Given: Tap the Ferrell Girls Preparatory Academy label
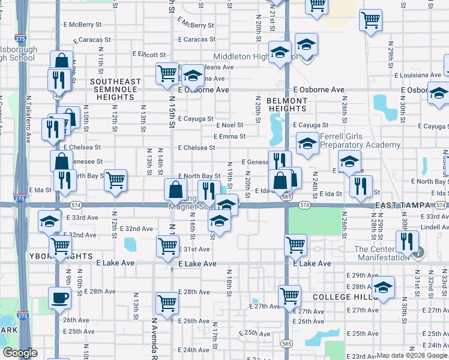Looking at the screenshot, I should [x=360, y=140].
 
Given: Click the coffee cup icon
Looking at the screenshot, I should [x=60, y=298].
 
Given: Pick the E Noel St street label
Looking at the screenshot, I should [x=230, y=125].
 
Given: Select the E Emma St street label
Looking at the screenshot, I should [x=230, y=136].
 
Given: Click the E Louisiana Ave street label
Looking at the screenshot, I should [x=418, y=76].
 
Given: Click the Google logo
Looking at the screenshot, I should [x=20, y=353].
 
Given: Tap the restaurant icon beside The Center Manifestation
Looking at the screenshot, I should [x=407, y=242].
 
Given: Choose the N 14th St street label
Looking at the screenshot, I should [x=160, y=159].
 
